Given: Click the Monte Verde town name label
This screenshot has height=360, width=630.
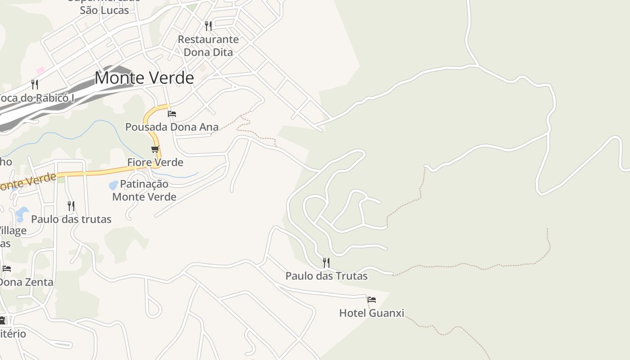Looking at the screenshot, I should (x=144, y=78).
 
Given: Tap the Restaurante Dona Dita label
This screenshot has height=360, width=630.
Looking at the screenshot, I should (x=208, y=45).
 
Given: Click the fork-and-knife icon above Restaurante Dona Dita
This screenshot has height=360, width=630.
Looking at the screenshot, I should (x=208, y=26).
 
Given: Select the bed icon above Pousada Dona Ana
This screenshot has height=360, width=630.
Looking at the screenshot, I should (x=172, y=113).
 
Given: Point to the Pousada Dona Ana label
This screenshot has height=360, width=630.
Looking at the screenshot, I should (x=171, y=127).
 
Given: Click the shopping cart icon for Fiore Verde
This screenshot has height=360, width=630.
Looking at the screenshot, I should (x=155, y=149).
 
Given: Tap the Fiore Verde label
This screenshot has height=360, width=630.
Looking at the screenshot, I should (x=155, y=162).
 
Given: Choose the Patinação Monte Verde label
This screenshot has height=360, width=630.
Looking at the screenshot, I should (x=144, y=190).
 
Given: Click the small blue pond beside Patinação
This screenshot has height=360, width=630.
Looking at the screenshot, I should (x=114, y=185).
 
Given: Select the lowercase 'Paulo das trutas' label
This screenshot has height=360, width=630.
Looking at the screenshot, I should (x=71, y=219).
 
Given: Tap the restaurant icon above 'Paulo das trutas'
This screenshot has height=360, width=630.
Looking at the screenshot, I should (x=71, y=206).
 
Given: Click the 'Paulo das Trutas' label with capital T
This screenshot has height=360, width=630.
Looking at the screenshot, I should (x=326, y=276).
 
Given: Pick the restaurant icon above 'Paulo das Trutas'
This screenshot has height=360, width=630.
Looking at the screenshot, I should (x=326, y=262).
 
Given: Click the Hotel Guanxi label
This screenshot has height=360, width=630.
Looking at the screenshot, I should (x=372, y=313).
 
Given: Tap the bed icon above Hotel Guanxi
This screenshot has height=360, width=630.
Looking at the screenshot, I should (x=372, y=299).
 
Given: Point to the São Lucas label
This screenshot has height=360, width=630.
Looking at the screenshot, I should (x=104, y=10).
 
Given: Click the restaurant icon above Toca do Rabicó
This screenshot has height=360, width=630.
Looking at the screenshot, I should (x=35, y=84).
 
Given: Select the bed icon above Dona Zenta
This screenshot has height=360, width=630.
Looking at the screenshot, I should (x=7, y=269).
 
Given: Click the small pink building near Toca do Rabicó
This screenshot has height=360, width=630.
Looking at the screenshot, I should (x=40, y=70).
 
